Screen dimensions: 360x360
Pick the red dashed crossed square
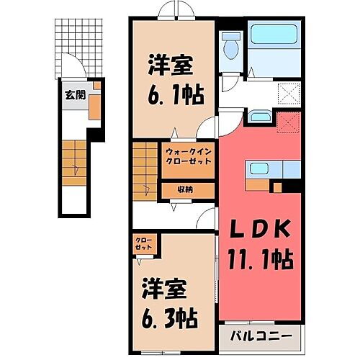287,123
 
